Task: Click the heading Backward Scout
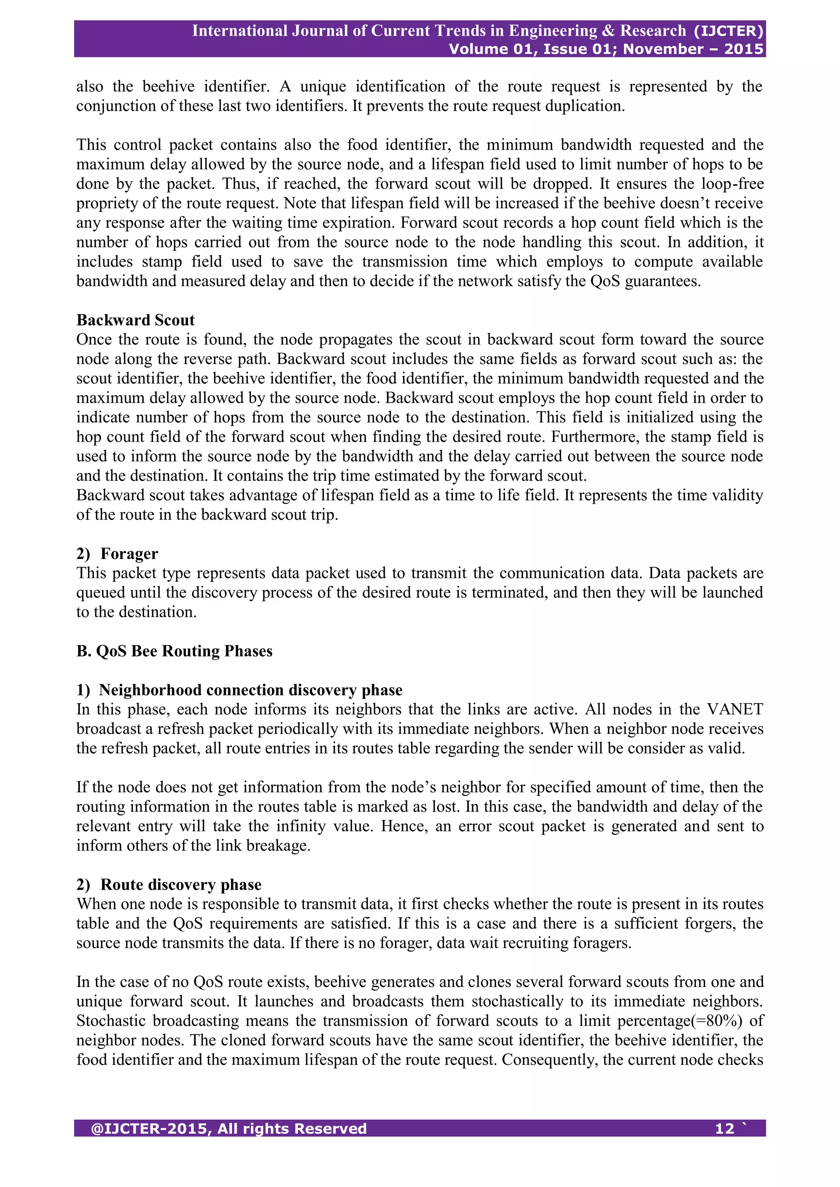click(135, 320)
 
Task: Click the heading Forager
click(129, 554)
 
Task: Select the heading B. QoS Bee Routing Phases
click(174, 651)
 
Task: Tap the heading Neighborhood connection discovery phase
click(250, 690)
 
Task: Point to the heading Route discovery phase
click(180, 884)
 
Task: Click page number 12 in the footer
click(724, 1129)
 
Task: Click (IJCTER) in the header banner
click(728, 31)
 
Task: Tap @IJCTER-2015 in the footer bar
click(150, 1129)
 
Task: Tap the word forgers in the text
click(708, 924)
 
